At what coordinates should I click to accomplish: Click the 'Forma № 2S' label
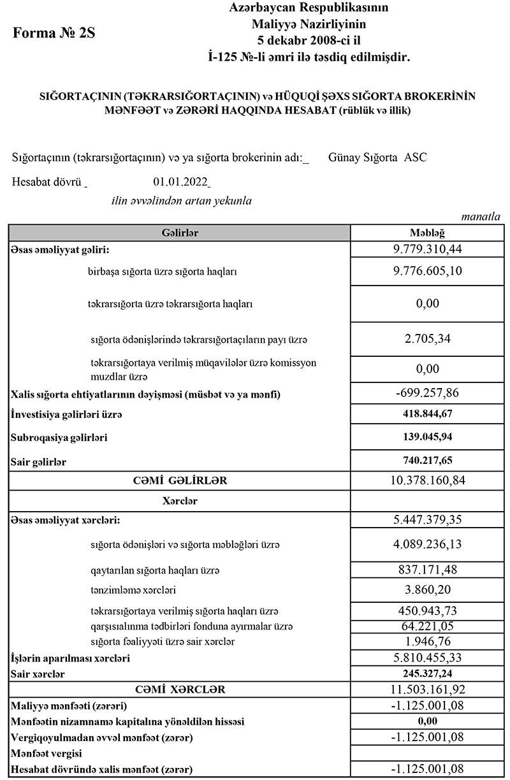54,34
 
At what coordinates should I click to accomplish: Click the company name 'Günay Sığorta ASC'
377,157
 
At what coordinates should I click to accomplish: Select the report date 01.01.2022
180,182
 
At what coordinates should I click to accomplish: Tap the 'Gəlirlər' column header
180,233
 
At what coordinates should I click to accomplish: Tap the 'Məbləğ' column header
427,233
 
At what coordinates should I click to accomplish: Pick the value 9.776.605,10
427,271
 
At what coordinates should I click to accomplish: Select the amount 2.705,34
427,339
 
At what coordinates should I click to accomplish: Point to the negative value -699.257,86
427,393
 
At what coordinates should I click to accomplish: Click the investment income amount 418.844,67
427,414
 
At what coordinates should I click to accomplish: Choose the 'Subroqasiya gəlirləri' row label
59,438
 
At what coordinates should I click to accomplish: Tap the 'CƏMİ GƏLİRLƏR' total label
180,480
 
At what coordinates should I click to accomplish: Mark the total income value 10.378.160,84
427,480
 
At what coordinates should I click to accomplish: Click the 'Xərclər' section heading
180,501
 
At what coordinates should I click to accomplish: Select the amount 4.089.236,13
427,544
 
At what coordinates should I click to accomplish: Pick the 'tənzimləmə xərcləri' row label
133,589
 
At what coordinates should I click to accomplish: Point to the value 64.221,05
427,626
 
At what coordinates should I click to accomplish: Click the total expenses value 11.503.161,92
427,690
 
